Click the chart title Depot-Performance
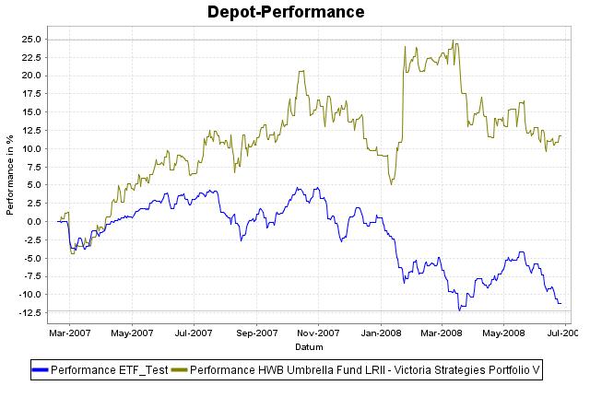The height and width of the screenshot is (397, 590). [286, 12]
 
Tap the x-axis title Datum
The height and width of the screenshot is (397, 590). [308, 346]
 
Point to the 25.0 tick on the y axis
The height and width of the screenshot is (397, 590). [29, 40]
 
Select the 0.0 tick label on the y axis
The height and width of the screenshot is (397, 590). [34, 221]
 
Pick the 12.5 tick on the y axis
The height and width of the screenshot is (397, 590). [29, 130]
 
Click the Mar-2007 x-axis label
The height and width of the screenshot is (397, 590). [70, 333]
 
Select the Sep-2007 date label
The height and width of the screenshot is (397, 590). [256, 333]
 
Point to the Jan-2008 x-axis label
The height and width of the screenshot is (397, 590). [380, 333]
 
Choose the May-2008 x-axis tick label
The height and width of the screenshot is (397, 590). [503, 333]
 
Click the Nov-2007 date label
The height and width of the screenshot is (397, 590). [318, 333]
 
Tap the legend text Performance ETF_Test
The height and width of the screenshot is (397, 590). [110, 370]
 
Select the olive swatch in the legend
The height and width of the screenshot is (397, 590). [179, 370]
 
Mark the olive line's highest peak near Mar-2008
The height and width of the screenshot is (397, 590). [453, 41]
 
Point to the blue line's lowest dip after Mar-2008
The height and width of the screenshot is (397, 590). [459, 309]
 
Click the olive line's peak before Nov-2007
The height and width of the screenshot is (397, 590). [301, 71]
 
